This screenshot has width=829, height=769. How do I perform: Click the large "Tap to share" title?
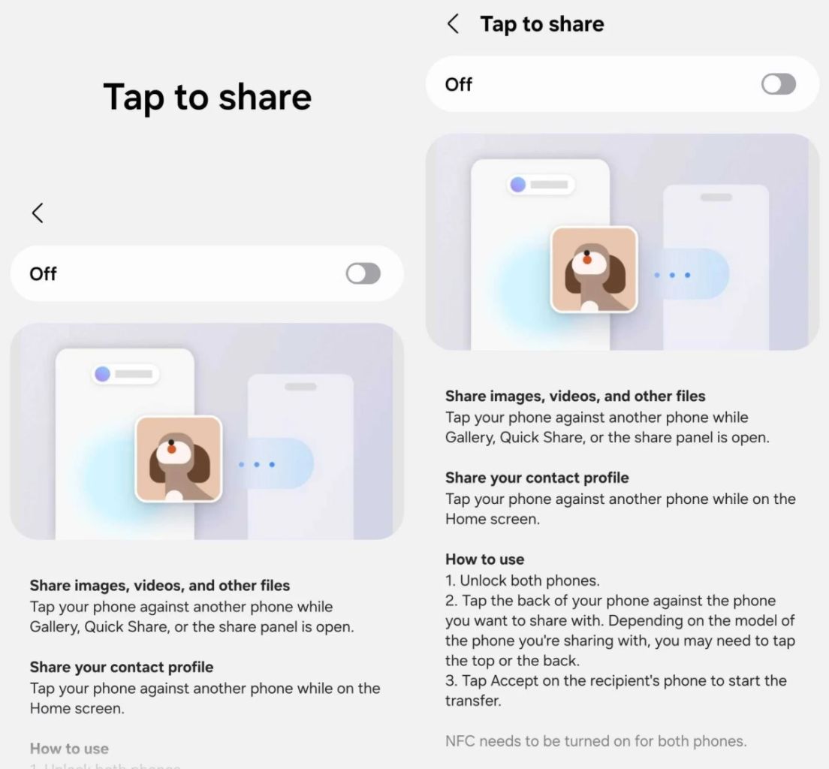207,97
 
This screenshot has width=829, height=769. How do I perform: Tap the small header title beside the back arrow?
541,24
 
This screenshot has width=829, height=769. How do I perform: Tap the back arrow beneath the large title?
38,213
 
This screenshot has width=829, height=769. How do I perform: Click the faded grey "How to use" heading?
69,748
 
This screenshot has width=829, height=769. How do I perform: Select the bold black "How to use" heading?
484,559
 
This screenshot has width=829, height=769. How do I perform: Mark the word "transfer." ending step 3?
473,701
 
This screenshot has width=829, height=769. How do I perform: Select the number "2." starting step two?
451,601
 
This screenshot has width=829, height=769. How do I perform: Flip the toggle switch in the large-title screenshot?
363,274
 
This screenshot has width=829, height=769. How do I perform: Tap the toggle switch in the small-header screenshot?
779,84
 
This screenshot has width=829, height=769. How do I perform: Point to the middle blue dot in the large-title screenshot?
257,465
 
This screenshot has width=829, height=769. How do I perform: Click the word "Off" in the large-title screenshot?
43,274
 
